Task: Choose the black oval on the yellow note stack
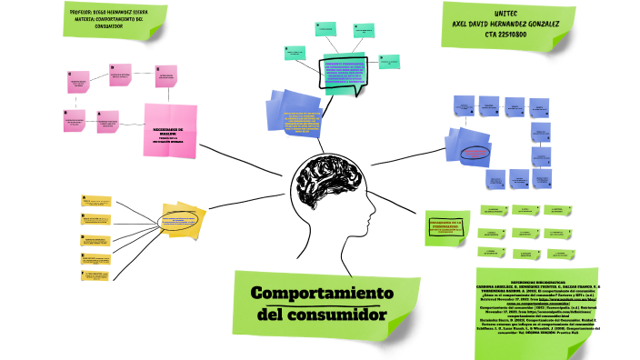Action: (183, 220)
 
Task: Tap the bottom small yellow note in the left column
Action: (97, 275)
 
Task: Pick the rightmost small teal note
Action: (389, 61)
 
